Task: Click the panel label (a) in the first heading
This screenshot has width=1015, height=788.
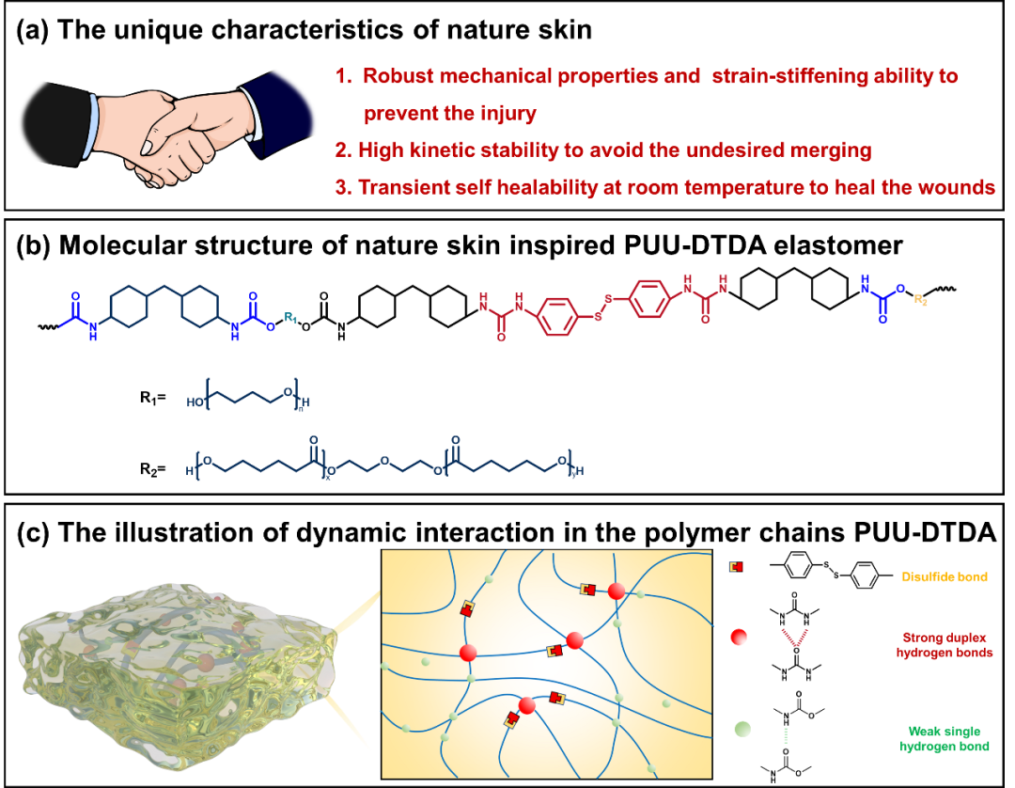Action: (x=32, y=30)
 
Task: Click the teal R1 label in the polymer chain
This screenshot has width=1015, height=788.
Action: (x=290, y=317)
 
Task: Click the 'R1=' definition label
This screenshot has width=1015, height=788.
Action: (x=153, y=397)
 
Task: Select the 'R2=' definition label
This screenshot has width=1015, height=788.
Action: (x=153, y=468)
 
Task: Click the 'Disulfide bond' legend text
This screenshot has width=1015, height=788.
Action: (x=945, y=576)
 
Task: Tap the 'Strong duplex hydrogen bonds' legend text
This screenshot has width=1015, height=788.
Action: (x=945, y=645)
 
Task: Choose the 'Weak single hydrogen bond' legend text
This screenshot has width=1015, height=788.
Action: (x=945, y=739)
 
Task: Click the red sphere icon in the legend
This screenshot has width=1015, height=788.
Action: (x=739, y=638)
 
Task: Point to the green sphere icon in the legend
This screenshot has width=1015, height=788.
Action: (x=742, y=729)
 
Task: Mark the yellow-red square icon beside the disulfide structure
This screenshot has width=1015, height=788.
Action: (x=736, y=567)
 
